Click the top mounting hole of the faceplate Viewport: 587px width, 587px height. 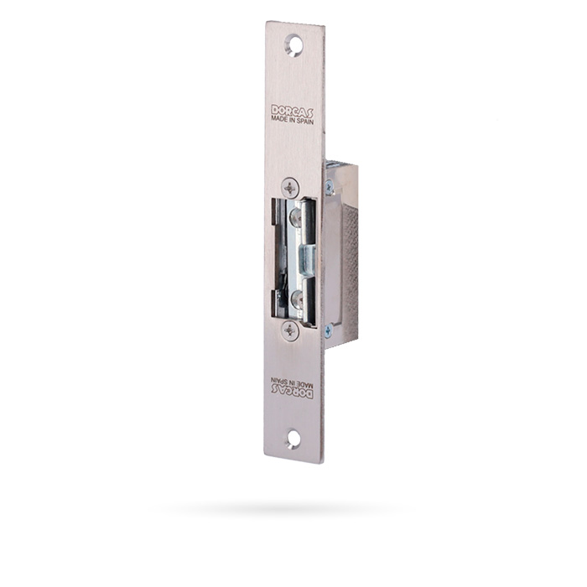(293, 45)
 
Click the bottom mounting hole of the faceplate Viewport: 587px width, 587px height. (293, 439)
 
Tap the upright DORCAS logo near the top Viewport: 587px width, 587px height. (293, 111)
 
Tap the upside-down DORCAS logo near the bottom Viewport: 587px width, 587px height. (293, 391)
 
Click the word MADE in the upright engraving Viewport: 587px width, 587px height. (278, 118)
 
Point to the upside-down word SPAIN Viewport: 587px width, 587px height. (282, 380)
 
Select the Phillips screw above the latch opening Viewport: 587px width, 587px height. (290, 188)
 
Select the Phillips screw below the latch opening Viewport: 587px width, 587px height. (290, 330)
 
